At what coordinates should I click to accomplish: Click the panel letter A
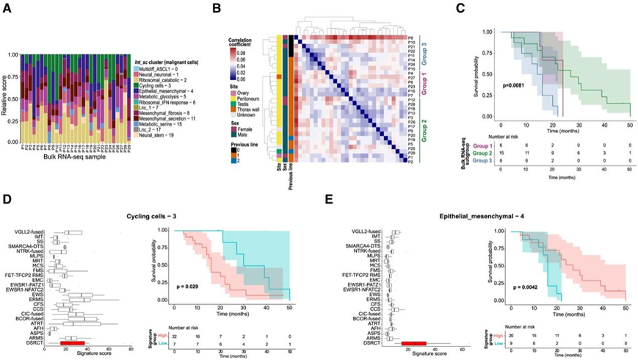(10, 11)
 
